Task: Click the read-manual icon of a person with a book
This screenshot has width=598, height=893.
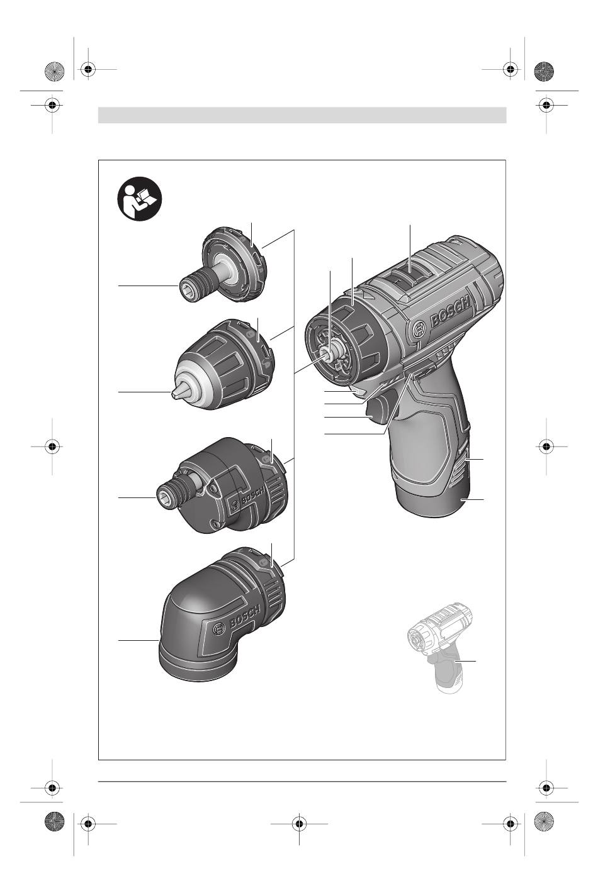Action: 140,199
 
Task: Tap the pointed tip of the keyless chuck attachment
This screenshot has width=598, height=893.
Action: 173,394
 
